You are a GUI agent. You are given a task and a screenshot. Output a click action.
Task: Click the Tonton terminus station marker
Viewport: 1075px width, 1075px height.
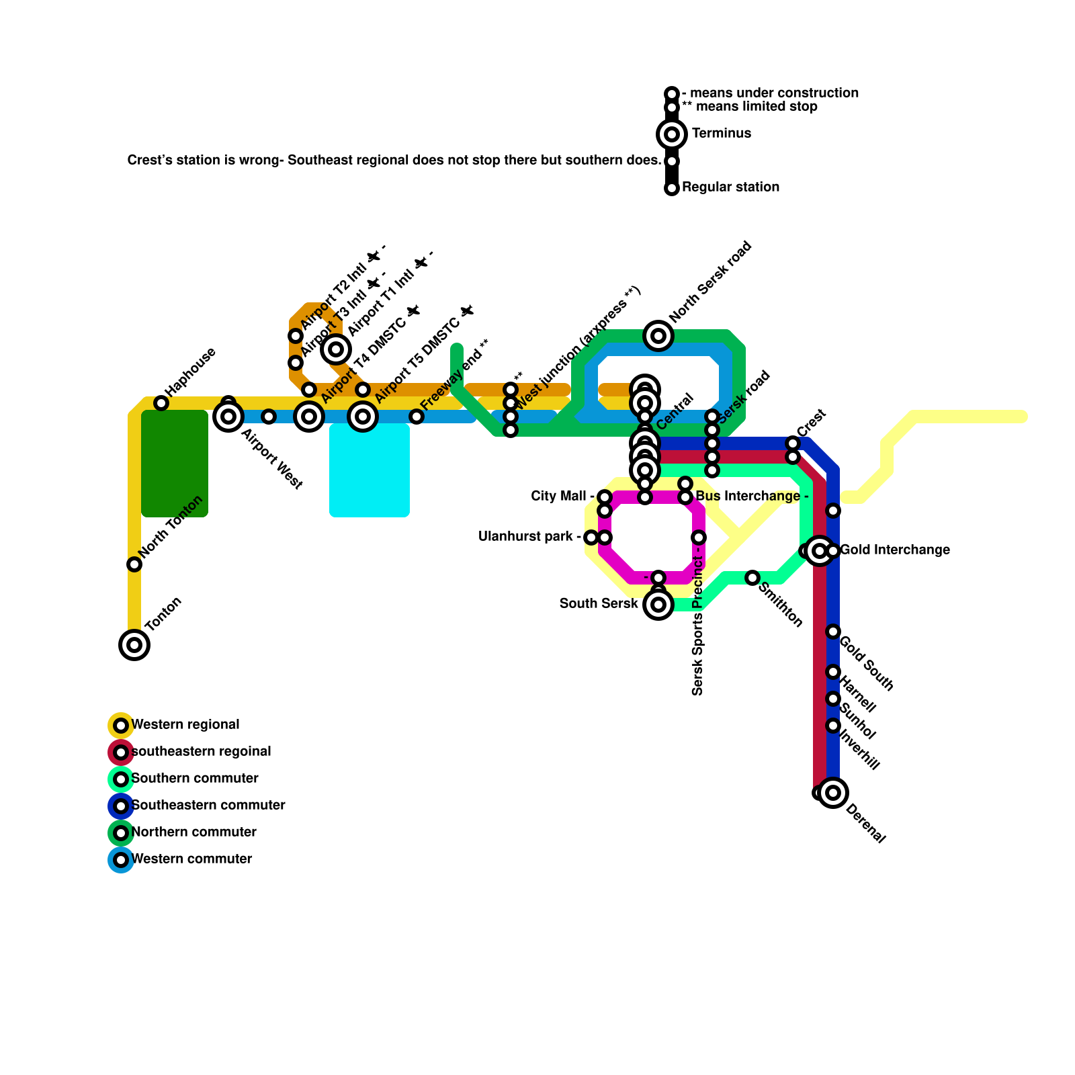click(134, 645)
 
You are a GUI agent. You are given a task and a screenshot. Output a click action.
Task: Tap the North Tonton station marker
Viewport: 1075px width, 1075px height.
click(134, 564)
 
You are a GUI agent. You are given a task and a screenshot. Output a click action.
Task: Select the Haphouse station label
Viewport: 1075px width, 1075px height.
click(191, 371)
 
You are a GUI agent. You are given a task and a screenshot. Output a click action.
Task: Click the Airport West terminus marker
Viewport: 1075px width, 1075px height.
click(228, 417)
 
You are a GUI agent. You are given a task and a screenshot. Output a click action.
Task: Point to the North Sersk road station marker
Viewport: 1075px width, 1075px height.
click(658, 336)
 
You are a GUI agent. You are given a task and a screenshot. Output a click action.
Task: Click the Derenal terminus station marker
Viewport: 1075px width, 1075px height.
click(833, 793)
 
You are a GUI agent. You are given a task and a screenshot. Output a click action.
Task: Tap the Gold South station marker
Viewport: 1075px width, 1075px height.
click(833, 632)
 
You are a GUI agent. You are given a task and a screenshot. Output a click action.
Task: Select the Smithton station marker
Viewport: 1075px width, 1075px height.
click(752, 578)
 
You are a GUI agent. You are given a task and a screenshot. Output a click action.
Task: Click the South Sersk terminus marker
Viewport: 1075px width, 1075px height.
click(658, 605)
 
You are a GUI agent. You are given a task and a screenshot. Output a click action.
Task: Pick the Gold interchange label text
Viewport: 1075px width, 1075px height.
click(895, 550)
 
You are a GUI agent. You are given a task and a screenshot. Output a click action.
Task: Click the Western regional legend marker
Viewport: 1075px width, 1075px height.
click(121, 726)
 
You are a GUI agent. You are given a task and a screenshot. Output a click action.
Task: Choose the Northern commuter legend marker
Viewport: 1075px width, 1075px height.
click(121, 833)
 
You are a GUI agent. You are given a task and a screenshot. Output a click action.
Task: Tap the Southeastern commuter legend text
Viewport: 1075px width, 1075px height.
click(208, 806)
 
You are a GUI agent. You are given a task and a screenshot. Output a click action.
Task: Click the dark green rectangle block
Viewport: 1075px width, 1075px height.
click(175, 464)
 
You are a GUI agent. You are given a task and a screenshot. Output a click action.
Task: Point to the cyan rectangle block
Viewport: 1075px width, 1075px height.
click(370, 470)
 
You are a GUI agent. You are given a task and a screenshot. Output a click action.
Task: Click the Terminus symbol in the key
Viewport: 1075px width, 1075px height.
click(672, 134)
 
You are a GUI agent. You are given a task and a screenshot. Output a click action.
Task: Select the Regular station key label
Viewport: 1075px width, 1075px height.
click(730, 187)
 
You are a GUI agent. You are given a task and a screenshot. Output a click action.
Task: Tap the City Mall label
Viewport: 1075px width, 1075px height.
click(558, 497)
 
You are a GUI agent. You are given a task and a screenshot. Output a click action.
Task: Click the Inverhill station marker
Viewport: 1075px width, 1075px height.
click(833, 726)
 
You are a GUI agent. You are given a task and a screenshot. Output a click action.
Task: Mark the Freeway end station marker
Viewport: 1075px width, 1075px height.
click(417, 417)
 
